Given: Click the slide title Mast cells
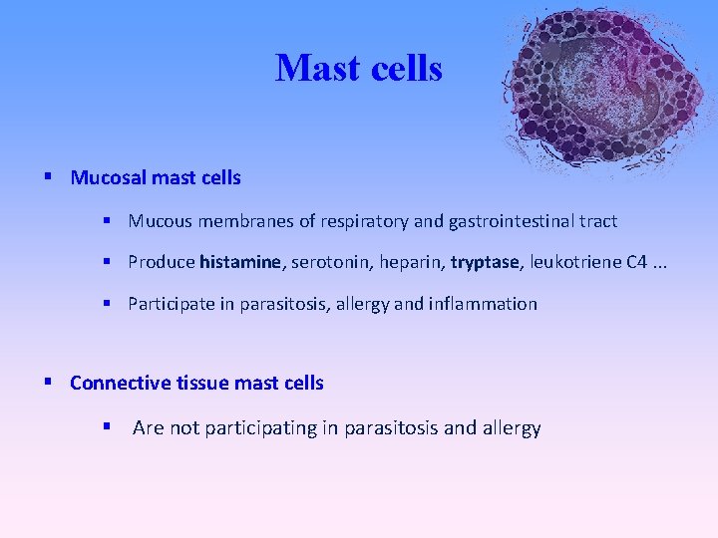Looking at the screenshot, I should point(358,69).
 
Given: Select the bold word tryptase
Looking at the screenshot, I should point(485,263).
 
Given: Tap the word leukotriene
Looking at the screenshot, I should point(575,263).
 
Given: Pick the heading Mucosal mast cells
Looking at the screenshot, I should point(156,178).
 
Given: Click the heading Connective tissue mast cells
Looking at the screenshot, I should point(196,384).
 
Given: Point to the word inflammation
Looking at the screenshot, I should point(483,305).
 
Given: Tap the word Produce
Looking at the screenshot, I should point(162,263).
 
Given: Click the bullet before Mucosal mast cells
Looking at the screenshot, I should point(48,178).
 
